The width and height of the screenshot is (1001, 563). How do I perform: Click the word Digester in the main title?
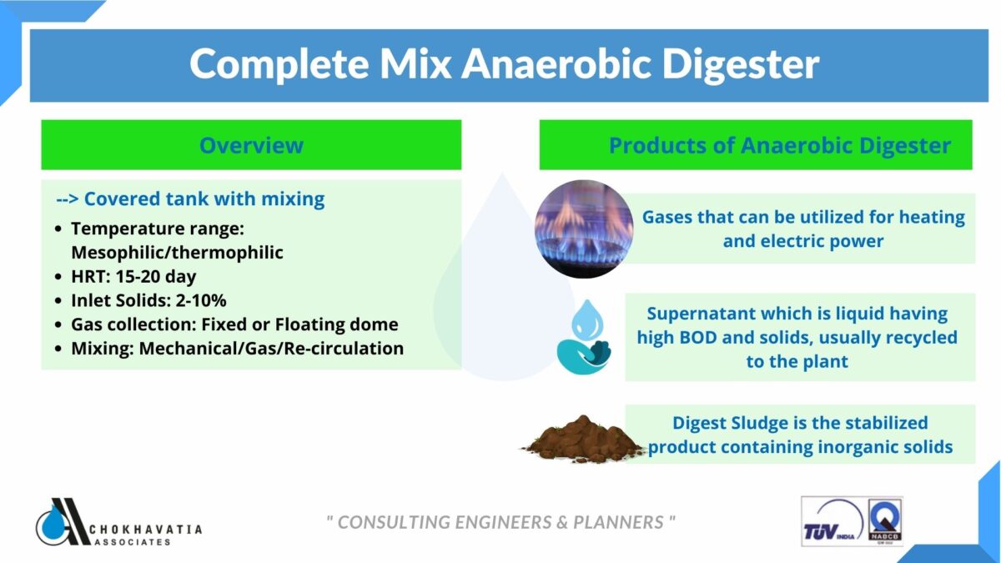coord(741,65)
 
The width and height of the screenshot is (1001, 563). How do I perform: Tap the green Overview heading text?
coord(251,145)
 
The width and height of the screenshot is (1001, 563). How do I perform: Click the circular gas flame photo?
coord(584,229)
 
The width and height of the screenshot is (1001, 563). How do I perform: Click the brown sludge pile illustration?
coord(583,439)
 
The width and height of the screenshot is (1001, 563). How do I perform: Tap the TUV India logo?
coord(832,521)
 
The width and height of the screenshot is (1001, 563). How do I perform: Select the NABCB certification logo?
coord(884,520)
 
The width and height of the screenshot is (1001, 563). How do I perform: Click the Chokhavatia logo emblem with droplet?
coord(62,522)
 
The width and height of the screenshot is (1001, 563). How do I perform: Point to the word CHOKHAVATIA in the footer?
coord(146,530)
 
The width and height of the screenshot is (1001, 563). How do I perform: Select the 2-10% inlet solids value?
coord(201,300)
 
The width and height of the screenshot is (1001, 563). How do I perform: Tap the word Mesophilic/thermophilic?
coord(177,253)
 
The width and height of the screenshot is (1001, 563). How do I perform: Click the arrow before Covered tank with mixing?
coord(68,199)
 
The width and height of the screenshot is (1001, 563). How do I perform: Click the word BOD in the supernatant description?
coord(698,337)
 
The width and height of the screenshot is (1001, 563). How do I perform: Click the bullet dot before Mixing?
coord(58,349)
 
